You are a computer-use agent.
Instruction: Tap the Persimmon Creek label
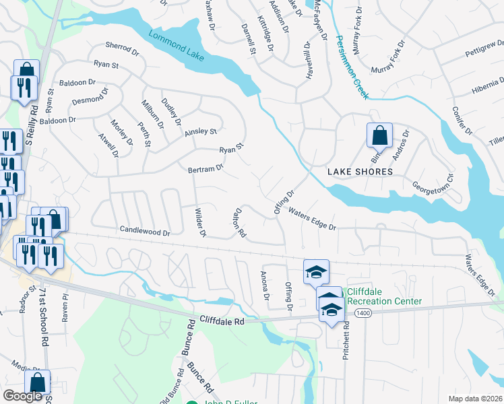coord(351,67)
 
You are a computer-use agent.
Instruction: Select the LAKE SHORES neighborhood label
coord(360,172)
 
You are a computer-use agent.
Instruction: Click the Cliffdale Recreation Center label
coord(383,297)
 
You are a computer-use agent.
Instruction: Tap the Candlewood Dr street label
coord(145,230)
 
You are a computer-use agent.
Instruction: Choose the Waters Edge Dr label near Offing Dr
coord(312,218)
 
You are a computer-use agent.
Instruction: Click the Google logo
coord(22,396)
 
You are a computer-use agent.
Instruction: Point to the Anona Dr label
coord(265,286)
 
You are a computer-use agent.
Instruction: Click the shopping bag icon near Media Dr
coord(40,382)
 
